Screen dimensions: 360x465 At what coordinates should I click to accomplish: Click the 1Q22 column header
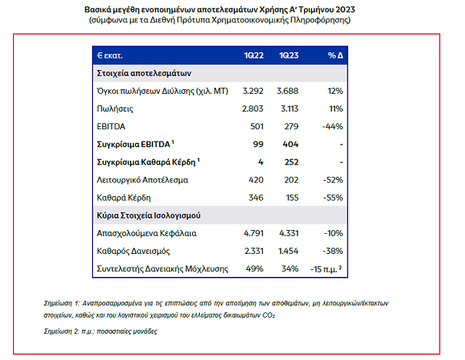tap(253, 56)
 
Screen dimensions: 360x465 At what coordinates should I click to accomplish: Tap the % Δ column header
tap(334, 56)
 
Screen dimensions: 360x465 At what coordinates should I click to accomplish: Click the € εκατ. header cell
tap(111, 56)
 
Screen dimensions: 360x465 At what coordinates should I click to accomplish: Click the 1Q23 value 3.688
tap(288, 92)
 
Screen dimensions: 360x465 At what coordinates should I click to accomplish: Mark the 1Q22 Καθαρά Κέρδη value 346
tap(256, 198)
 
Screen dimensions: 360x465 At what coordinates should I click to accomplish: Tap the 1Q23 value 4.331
tap(288, 232)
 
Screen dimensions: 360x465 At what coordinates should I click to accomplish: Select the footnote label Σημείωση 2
tap(66, 331)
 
